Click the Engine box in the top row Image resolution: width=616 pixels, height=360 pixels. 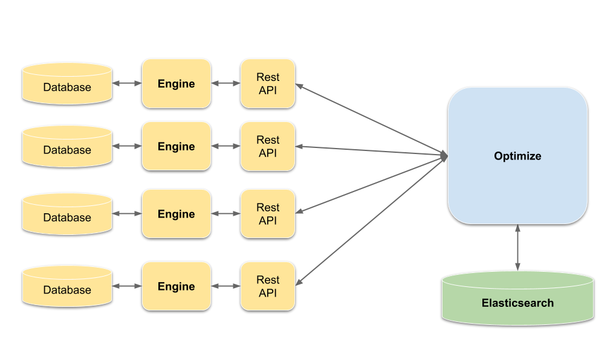coord(176,83)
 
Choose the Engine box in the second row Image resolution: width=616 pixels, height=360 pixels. coord(176,146)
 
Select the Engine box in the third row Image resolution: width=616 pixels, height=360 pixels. coord(176,214)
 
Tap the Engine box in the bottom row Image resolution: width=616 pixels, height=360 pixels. coord(176,286)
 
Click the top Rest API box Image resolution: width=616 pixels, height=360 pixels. coord(268,83)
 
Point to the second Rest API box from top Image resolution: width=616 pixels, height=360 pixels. coord(268,146)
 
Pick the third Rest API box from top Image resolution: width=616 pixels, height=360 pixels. coord(268,214)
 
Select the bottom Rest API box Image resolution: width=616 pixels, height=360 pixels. coord(268,286)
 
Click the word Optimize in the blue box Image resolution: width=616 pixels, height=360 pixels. coord(517,156)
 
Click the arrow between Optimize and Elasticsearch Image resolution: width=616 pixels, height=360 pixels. coord(517,248)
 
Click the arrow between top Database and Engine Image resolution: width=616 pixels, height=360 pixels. coord(127,83)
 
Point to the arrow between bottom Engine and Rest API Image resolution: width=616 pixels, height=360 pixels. coord(226,286)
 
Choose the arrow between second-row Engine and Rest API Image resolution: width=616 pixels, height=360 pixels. coord(226,146)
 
